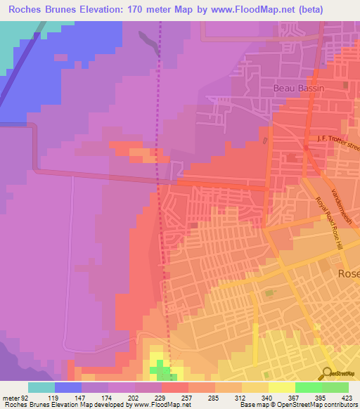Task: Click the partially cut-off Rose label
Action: pos(349,273)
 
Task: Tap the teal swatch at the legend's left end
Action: pos(41,387)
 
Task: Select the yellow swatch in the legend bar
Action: pos(281,387)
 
